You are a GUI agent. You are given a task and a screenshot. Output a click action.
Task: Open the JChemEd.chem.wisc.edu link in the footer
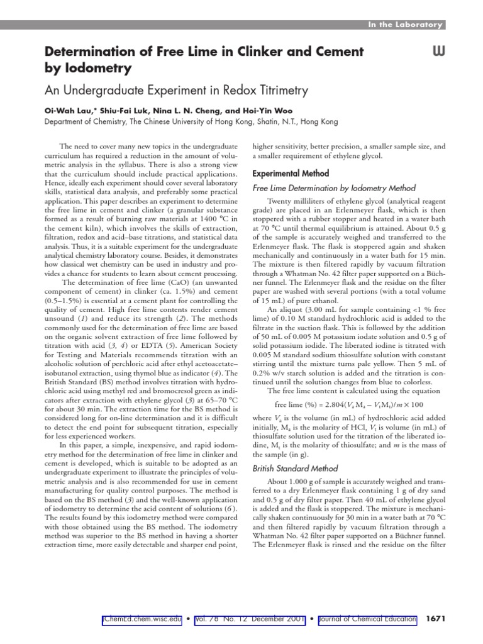(x=142, y=619)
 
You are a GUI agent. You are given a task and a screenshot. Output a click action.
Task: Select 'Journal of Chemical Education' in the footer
(x=367, y=619)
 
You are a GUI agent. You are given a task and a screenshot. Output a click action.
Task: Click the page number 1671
(x=435, y=619)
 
